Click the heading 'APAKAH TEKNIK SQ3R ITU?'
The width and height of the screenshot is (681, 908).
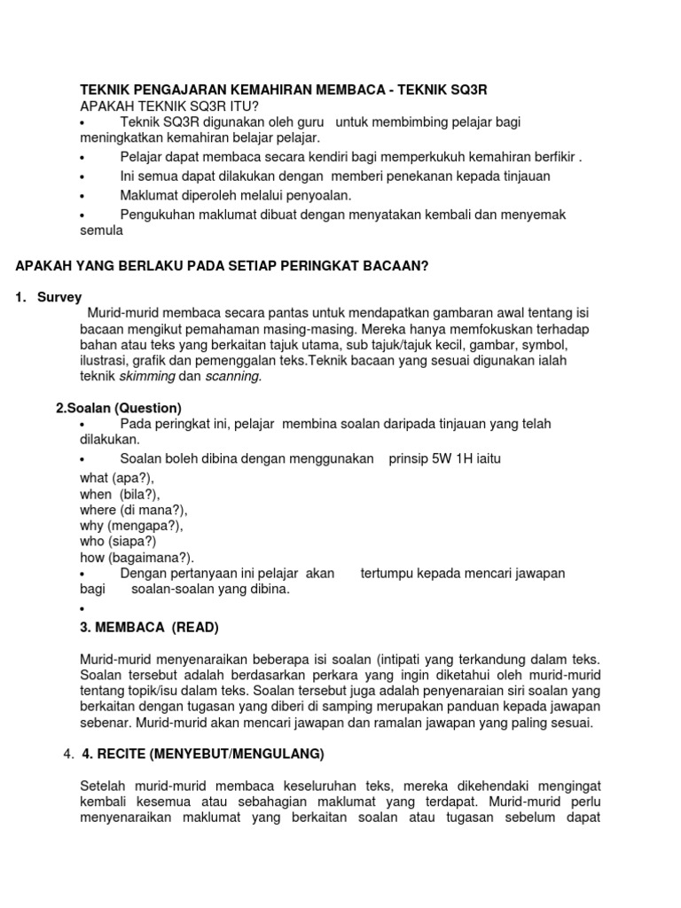(164, 106)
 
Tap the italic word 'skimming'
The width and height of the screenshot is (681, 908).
(147, 376)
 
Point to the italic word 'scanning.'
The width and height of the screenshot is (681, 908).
(233, 376)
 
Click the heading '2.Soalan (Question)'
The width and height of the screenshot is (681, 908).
(119, 408)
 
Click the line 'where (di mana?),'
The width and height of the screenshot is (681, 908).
(133, 510)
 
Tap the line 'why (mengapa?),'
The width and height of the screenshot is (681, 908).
(131, 526)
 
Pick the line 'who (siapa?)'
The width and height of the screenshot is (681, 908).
(118, 542)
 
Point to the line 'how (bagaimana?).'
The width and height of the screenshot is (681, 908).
(137, 558)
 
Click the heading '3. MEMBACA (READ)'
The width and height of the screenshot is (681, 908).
(149, 628)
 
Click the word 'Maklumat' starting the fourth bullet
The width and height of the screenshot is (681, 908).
(148, 194)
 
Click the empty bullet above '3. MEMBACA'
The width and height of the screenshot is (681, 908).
(81, 609)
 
